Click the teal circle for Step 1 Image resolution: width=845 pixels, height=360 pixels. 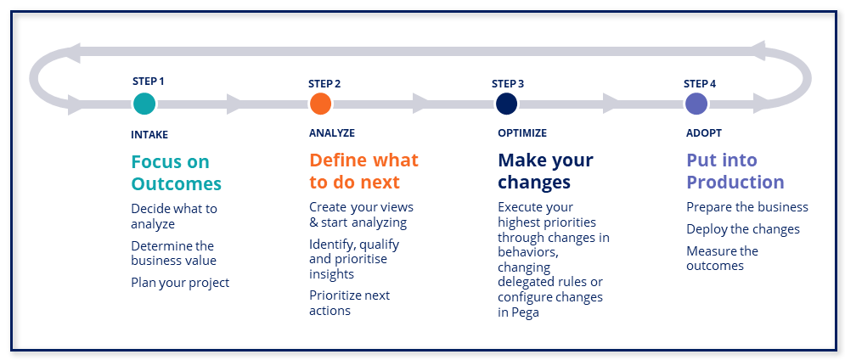[x=144, y=104]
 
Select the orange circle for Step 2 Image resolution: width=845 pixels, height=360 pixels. [x=320, y=104]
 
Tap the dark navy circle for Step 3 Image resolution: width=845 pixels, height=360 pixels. [x=506, y=104]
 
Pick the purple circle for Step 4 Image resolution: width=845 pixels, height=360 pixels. [x=696, y=104]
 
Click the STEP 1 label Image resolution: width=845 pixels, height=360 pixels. [x=149, y=82]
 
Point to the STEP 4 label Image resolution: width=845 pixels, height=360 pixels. [x=700, y=83]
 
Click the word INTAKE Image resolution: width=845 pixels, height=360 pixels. [x=149, y=135]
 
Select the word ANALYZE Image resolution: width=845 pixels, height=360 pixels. [x=332, y=132]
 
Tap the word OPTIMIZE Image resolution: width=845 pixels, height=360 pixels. [x=522, y=132]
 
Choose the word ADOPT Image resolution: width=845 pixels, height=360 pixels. [x=704, y=132]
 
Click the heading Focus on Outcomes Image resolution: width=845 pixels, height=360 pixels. [x=177, y=172]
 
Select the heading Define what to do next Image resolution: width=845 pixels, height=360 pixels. [x=363, y=171]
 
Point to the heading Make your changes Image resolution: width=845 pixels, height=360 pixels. [x=545, y=171]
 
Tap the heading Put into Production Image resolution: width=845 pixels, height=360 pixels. [x=735, y=171]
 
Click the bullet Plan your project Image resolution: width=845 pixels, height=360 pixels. [x=180, y=283]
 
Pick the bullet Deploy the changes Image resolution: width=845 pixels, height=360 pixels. [x=743, y=229]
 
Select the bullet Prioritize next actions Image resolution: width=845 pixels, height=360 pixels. [x=349, y=303]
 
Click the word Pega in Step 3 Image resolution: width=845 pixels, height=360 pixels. [x=525, y=313]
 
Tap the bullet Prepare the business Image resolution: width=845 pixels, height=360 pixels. [x=747, y=207]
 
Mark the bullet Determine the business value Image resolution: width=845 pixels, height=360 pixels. [x=173, y=253]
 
